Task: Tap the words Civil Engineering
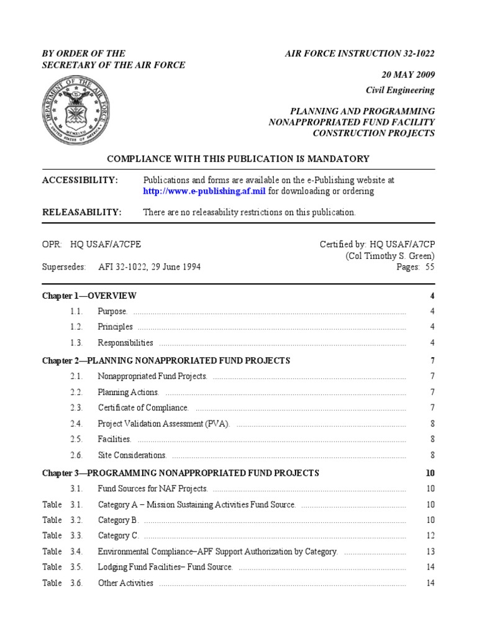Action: pos(400,90)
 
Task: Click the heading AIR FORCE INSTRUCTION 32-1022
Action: pos(360,53)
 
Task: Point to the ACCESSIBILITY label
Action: pos(79,180)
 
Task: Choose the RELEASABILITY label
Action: pos(81,212)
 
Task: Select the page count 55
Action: pos(429,267)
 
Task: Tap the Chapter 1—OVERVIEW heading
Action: pos(89,296)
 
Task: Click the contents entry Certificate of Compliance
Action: pos(143,407)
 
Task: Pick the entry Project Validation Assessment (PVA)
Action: pos(164,424)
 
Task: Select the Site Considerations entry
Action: pos(132,455)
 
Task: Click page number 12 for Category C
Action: pos(430,535)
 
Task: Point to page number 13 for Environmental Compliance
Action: pos(430,552)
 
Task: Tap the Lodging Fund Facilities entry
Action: pos(165,567)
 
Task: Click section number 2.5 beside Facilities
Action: pos(76,439)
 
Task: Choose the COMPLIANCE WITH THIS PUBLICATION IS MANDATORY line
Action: pos(238,159)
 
